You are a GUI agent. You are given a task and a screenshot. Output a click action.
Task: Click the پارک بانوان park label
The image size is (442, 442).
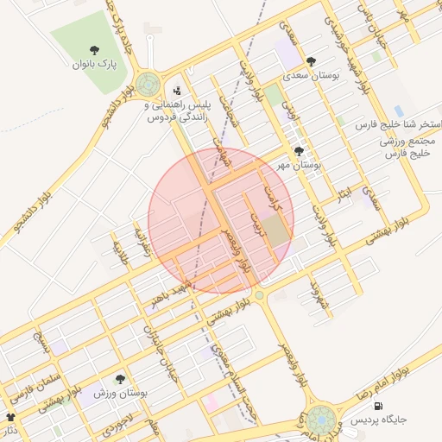(93, 64)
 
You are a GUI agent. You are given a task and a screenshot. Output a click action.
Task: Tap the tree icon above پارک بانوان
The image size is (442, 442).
(94, 50)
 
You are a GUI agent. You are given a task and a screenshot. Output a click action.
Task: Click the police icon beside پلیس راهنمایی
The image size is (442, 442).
(178, 90)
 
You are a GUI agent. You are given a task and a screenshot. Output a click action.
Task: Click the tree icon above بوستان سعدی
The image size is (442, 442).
(311, 61)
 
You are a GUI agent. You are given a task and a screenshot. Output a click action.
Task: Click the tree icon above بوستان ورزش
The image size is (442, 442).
(120, 379)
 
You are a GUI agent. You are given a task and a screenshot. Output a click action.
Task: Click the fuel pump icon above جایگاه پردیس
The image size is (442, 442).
(378, 406)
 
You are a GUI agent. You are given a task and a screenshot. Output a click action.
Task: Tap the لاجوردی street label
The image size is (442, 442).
(119, 420)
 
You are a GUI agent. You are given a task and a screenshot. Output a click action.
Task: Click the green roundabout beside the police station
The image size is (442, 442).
(148, 85)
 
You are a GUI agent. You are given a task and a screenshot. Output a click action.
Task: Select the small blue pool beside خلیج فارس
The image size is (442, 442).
(399, 111)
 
